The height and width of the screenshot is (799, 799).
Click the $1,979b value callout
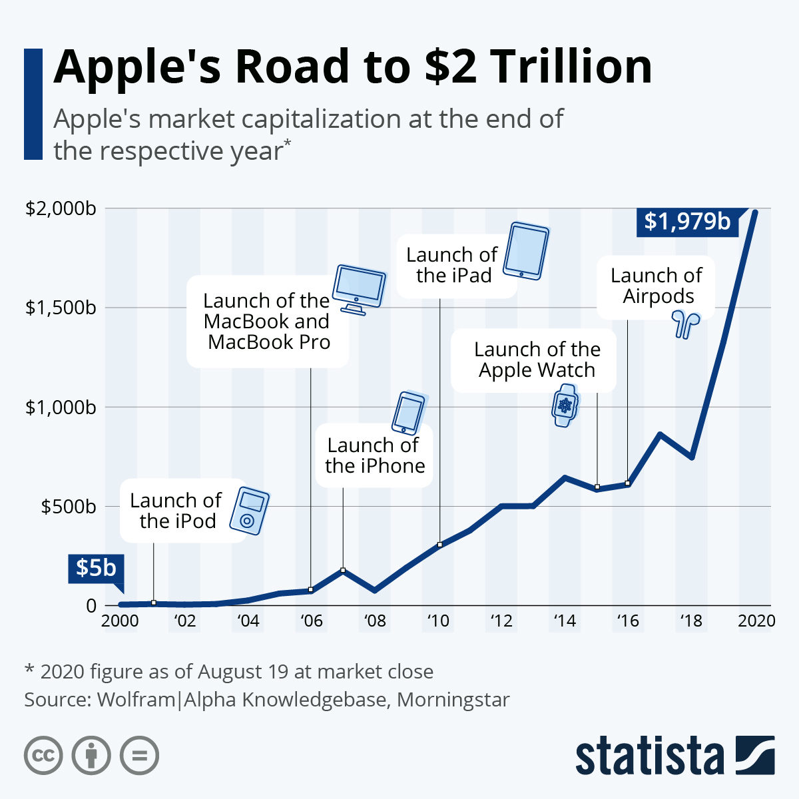click(x=687, y=220)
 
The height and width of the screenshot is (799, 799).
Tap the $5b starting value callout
click(x=95, y=567)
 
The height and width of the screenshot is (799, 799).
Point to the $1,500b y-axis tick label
click(x=60, y=308)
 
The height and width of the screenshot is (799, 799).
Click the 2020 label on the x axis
click(x=756, y=621)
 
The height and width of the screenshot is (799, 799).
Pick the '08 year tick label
click(x=375, y=621)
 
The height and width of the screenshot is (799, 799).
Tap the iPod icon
click(x=249, y=511)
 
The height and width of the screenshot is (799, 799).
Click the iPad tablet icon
click(x=526, y=251)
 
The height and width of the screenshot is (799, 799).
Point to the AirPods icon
click(x=685, y=324)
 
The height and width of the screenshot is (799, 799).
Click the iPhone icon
click(x=407, y=412)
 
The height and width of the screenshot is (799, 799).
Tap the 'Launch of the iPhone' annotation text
click(x=374, y=455)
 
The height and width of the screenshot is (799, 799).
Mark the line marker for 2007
click(x=343, y=570)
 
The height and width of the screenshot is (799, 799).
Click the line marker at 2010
click(x=440, y=545)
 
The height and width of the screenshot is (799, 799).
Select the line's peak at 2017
click(x=660, y=435)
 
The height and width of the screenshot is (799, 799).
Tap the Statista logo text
click(x=649, y=756)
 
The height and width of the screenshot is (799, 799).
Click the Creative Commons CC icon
click(x=43, y=756)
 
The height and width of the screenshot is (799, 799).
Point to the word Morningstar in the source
click(x=453, y=700)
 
